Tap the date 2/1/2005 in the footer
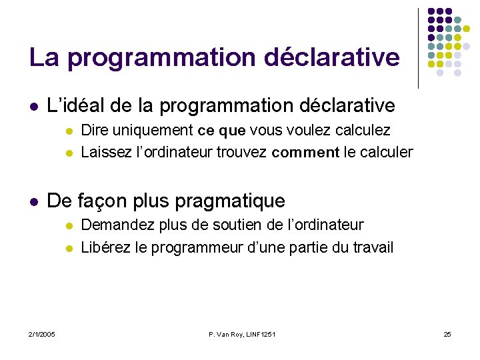click(x=42, y=333)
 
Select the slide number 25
click(x=447, y=333)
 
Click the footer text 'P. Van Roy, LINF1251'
click(x=241, y=333)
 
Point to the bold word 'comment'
click(x=305, y=153)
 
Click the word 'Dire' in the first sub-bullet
click(x=94, y=130)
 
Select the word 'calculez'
click(x=364, y=130)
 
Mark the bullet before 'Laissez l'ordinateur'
click(x=67, y=153)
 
